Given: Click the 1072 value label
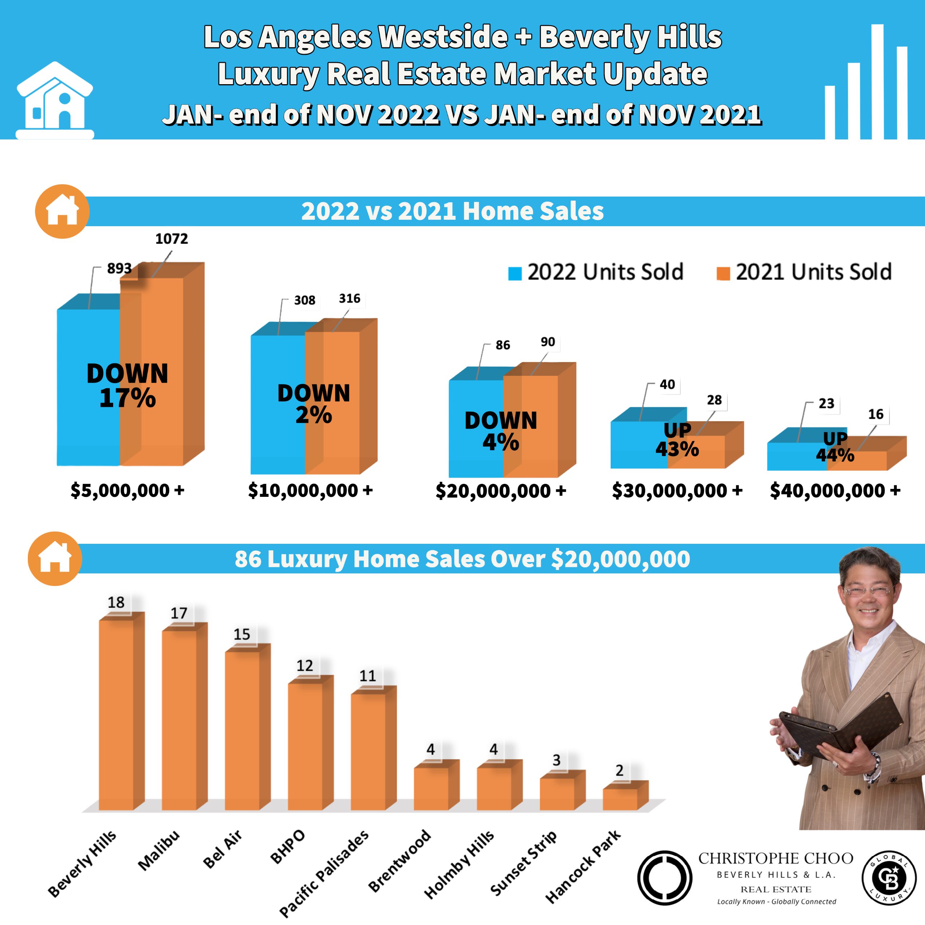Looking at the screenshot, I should point(171,238).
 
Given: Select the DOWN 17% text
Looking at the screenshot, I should point(127,386).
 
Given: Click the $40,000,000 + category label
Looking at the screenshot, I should point(835,490).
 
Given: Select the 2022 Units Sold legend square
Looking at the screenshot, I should point(515,274).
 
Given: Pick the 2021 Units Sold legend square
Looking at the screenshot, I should point(723,274).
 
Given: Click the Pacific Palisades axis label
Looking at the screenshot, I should point(324,873).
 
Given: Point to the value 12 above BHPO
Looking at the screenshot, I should point(305,666).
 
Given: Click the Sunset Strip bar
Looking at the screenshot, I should point(557,793).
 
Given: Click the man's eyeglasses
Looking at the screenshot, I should point(868,590).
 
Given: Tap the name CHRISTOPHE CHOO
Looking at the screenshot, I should point(776,859).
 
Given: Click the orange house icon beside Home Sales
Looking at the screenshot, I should point(62,211).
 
